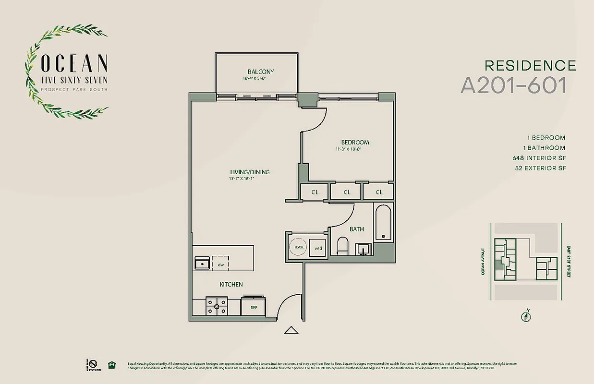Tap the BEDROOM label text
(x=355, y=142)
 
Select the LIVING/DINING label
(x=249, y=172)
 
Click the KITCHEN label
(x=231, y=285)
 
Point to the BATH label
(x=356, y=229)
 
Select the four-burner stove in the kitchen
(x=217, y=306)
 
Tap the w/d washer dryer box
(x=317, y=248)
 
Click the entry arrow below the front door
(x=291, y=330)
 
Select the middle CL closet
(x=347, y=192)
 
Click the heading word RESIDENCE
(x=530, y=65)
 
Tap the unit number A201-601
(x=513, y=85)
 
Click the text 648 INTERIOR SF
(x=539, y=158)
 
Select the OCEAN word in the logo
(x=74, y=63)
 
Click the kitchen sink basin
(x=202, y=264)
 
